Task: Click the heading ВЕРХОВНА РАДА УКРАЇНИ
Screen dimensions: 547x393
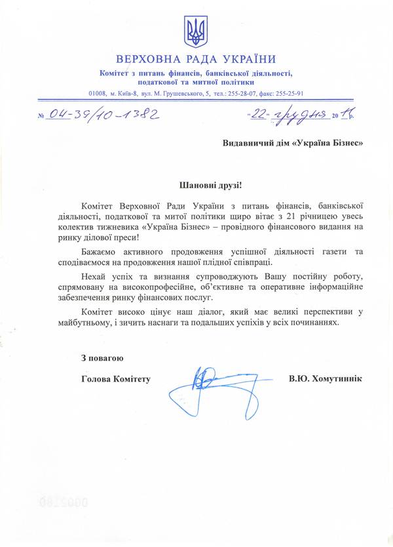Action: click(196, 58)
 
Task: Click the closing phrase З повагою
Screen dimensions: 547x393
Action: click(102, 358)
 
